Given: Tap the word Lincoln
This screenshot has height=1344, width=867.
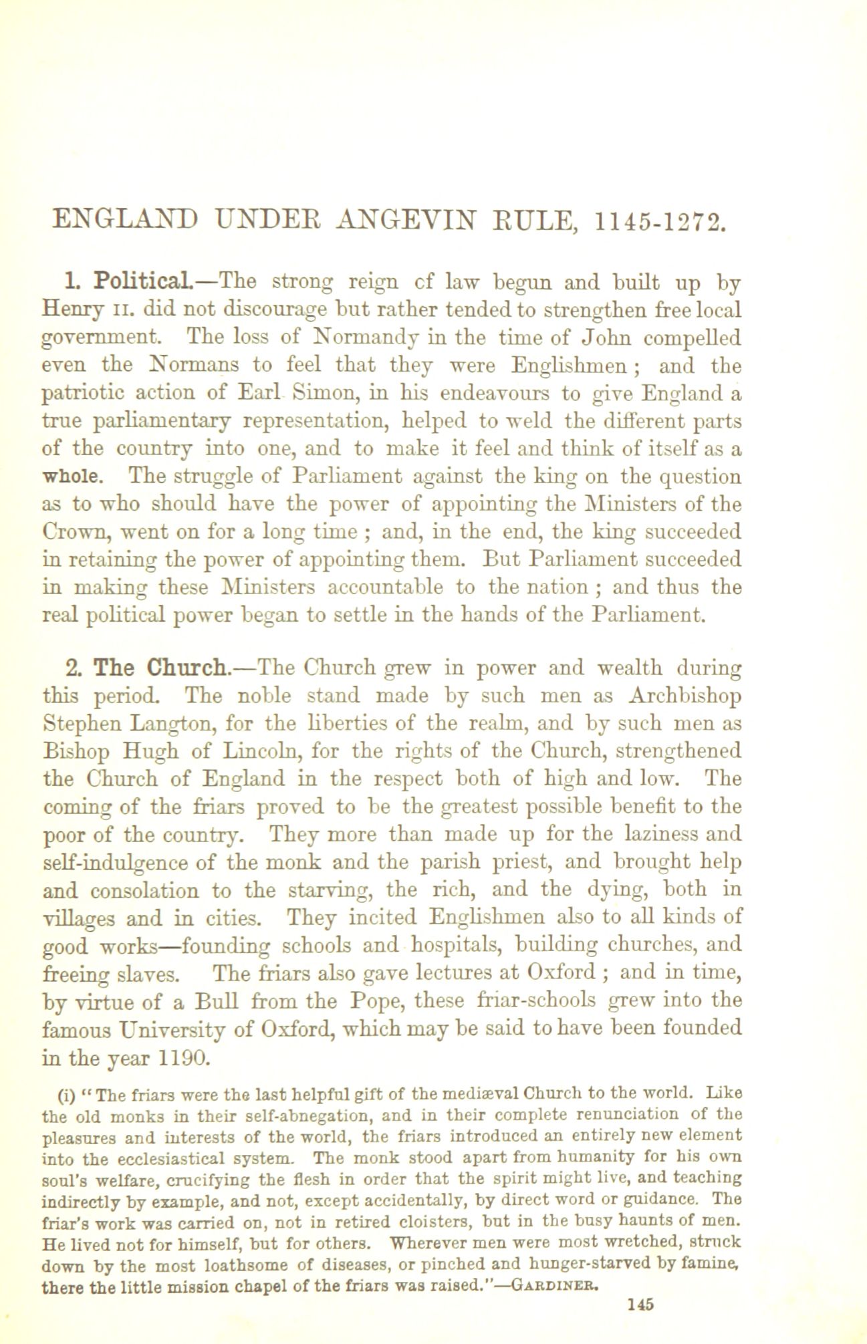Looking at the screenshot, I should pos(255,751).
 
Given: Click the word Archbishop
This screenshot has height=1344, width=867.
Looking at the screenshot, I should pos(685,696).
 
